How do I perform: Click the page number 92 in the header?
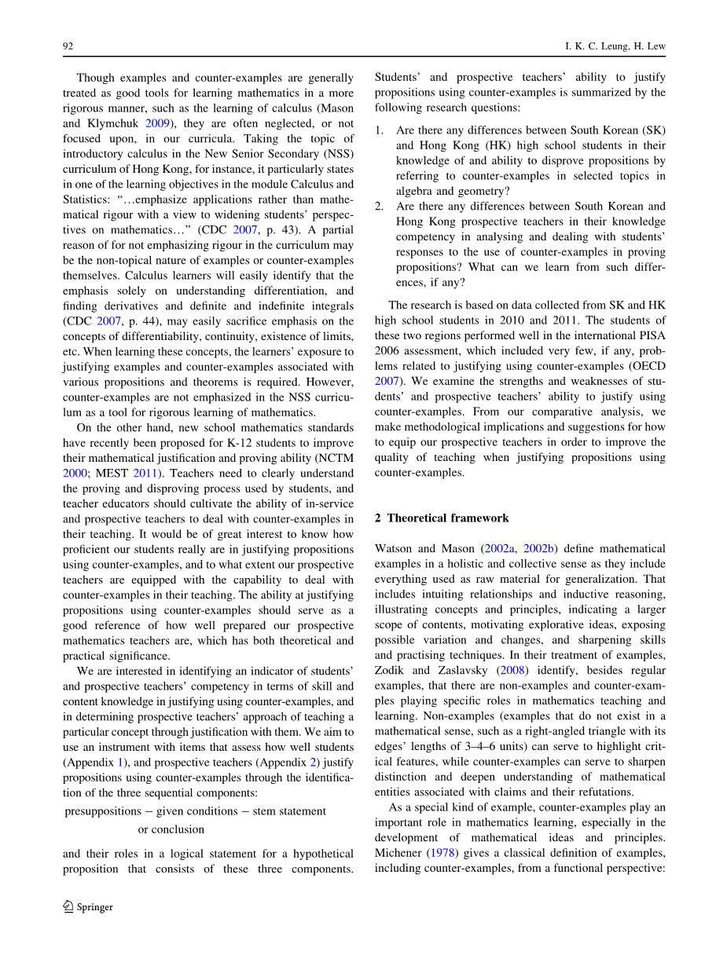click(68, 46)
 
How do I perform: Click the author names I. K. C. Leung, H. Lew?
click(615, 46)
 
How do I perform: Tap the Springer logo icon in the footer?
click(68, 907)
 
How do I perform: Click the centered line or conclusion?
click(171, 829)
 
